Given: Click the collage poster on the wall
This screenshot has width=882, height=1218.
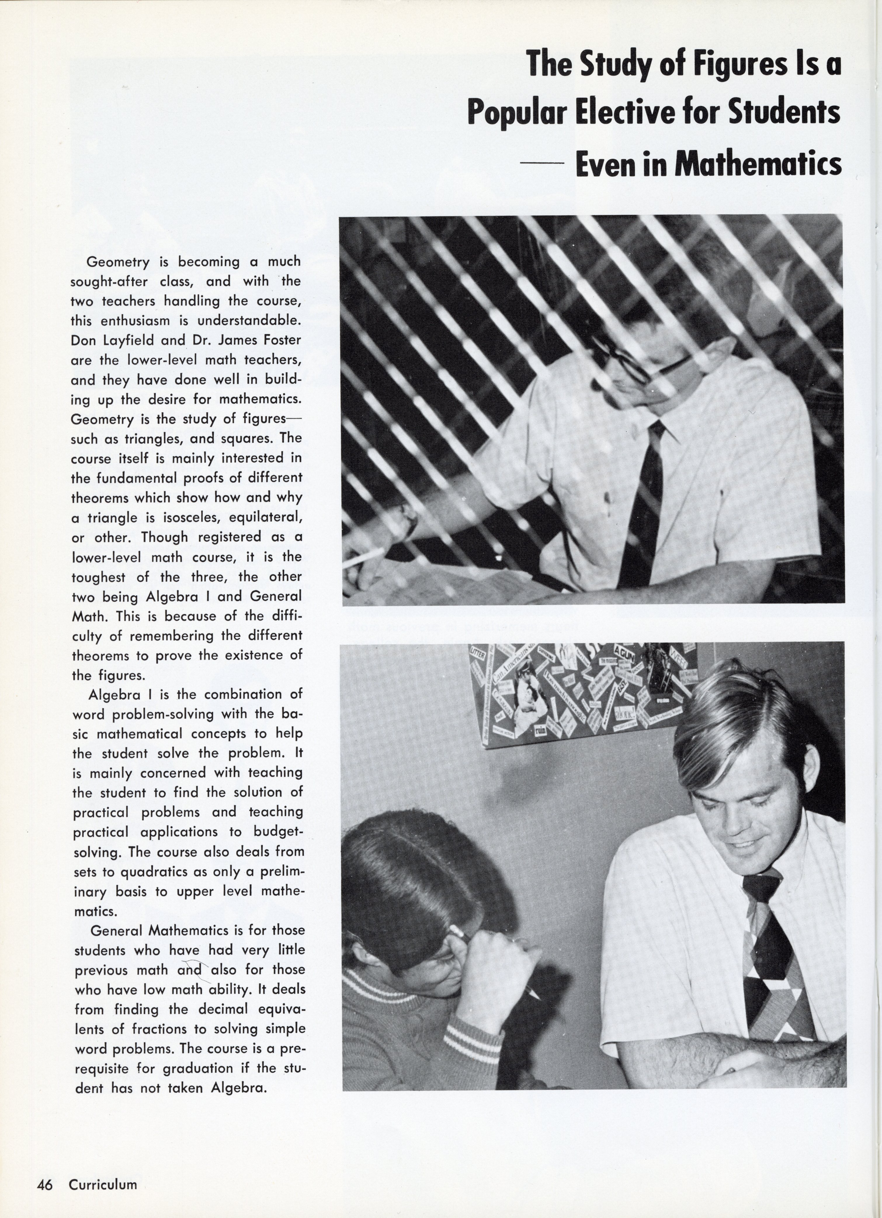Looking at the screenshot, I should pos(582,693).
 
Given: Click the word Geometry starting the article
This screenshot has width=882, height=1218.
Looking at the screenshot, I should pos(118,262).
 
